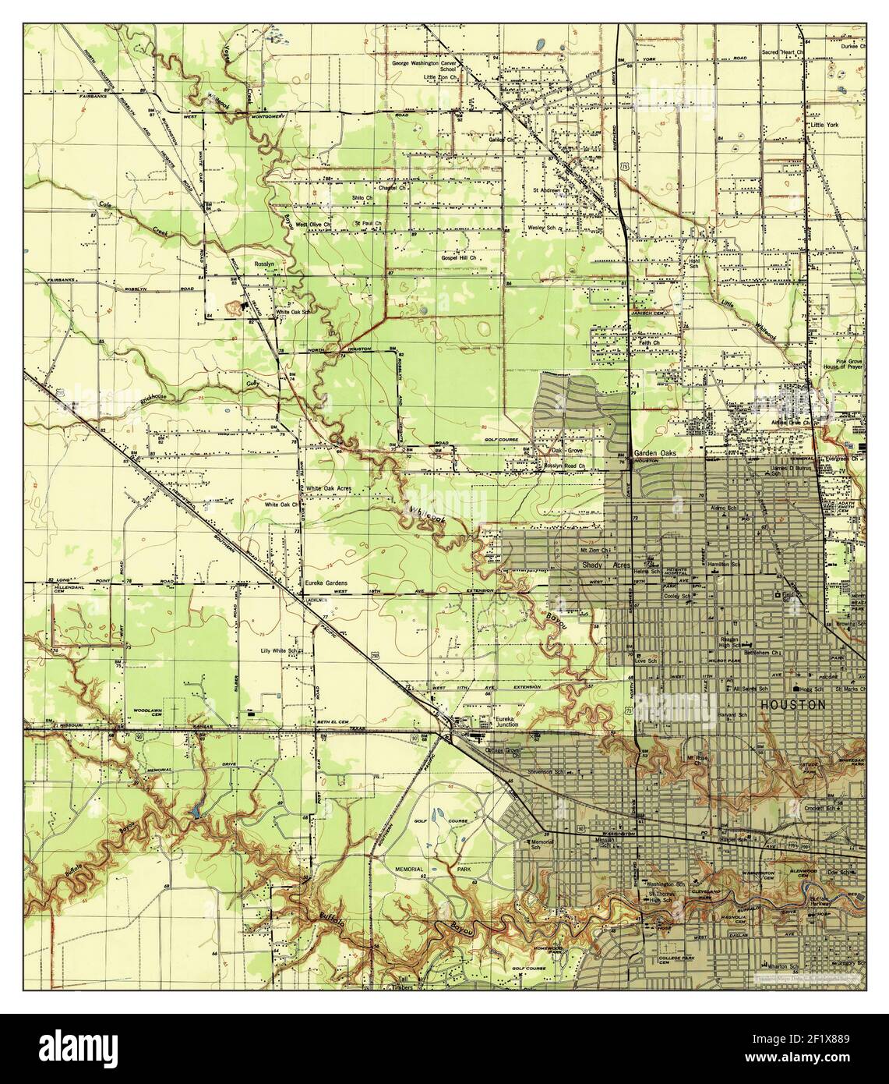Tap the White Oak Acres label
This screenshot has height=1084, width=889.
[328, 488]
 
